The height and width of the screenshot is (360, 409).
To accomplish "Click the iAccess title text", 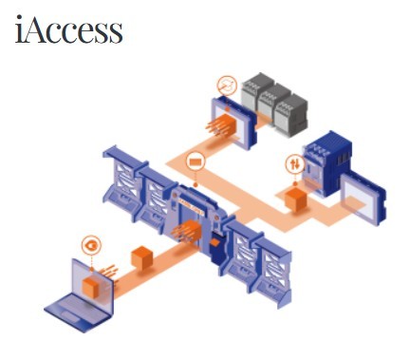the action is click(68, 29).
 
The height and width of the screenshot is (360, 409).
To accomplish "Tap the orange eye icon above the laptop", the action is click(91, 246).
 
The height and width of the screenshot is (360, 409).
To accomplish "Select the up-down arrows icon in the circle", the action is click(295, 163).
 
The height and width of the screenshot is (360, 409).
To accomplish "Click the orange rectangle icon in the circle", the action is click(195, 161).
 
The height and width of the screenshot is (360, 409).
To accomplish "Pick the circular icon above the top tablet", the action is click(227, 85).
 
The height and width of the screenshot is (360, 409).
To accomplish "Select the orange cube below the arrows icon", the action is click(296, 199).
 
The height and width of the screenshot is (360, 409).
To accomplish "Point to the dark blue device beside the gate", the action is click(218, 249).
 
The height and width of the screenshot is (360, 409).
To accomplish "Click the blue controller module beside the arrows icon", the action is click(326, 163).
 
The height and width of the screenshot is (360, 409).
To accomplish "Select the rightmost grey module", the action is click(290, 115).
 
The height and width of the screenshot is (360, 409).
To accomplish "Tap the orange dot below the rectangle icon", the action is click(195, 185).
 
